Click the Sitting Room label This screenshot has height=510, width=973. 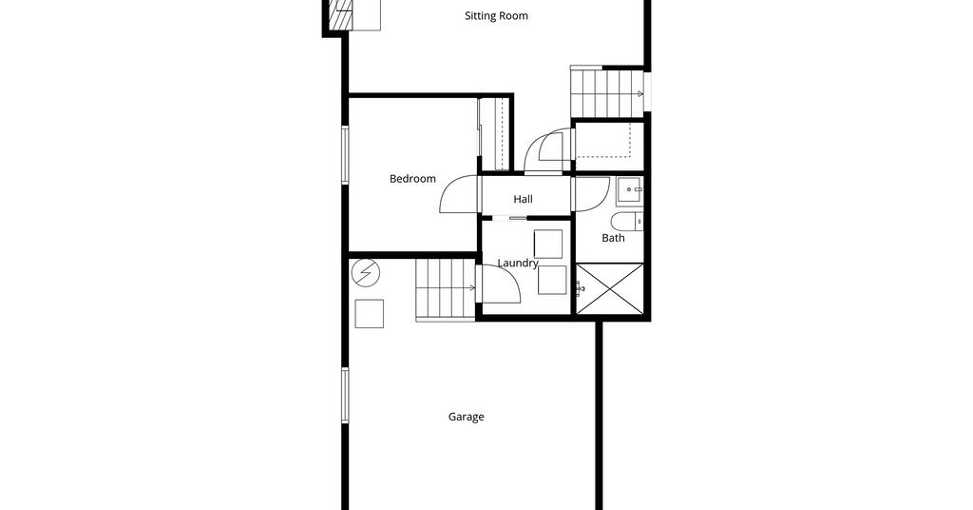point(496,15)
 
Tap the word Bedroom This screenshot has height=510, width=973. point(412,179)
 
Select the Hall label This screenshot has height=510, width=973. point(524,200)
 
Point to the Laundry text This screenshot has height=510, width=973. point(518,264)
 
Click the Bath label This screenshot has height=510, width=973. point(613,238)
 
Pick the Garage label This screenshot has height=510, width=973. point(466,417)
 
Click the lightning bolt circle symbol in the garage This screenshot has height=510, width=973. point(365,272)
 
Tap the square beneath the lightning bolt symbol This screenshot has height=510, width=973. point(370,314)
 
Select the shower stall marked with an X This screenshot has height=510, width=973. point(611,289)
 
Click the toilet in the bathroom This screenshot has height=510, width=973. point(627,221)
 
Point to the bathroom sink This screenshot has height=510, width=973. point(629,191)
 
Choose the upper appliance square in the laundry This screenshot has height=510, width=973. point(548,244)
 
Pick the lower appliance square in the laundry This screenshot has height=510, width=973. point(552,280)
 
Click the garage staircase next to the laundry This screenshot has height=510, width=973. point(446,290)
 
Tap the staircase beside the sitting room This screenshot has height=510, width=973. point(607,92)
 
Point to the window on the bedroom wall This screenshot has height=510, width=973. point(346,155)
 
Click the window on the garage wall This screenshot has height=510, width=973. point(346,396)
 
